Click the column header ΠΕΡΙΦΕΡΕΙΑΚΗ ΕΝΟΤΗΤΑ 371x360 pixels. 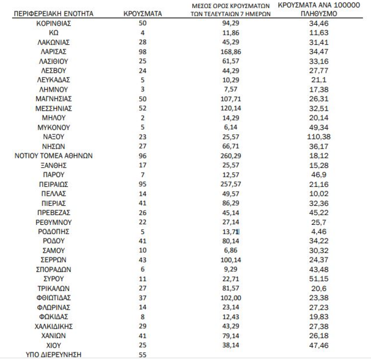click(54, 14)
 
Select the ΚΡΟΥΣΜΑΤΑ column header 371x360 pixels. click(143, 14)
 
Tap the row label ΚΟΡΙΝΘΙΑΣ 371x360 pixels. click(54, 24)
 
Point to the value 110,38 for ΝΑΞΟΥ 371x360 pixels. click(319, 136)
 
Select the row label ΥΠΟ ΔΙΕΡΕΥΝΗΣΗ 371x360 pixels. click(54, 355)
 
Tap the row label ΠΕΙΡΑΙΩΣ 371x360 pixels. click(54, 184)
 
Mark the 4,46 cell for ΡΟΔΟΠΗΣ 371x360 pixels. click(319, 232)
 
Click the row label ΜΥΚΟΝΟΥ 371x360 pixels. click(54, 127)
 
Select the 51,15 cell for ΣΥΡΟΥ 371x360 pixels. click(319, 279)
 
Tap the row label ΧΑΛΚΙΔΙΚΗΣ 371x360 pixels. click(54, 326)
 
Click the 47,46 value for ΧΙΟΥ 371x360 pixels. click(319, 345)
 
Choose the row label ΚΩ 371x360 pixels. click(54, 33)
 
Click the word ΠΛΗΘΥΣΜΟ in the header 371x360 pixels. click(319, 14)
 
